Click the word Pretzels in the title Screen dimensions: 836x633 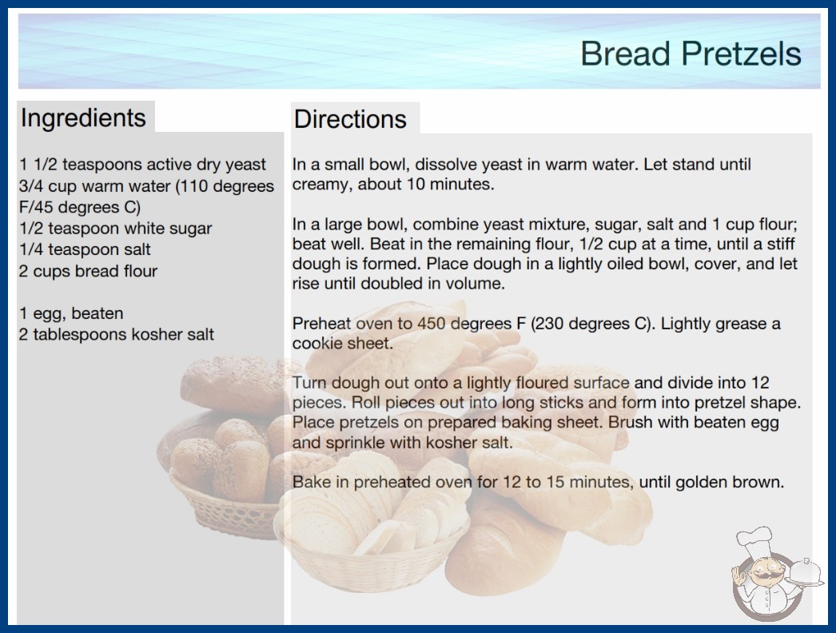(x=741, y=54)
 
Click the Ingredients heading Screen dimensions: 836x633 (x=83, y=118)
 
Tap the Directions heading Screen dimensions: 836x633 (x=350, y=119)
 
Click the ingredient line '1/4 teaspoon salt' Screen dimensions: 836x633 (x=85, y=249)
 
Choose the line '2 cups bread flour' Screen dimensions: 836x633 (x=88, y=271)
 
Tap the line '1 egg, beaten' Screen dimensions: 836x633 (x=71, y=313)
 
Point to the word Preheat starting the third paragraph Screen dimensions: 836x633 (x=321, y=323)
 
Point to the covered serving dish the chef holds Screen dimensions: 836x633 (x=805, y=572)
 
